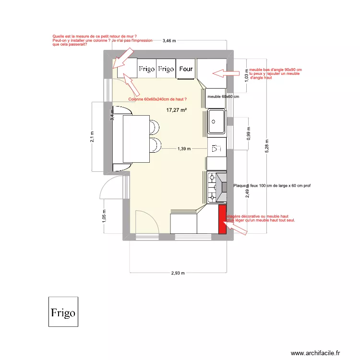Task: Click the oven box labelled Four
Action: [186, 69]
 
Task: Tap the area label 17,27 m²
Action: [176, 110]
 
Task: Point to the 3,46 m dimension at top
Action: [169, 41]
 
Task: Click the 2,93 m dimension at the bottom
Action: [178, 273]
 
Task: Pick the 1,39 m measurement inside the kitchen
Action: [184, 149]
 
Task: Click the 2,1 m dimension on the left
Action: [93, 137]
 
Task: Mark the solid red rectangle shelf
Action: [222, 219]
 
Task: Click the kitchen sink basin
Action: [216, 121]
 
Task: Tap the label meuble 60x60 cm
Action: [223, 96]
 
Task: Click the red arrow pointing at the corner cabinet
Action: [226, 73]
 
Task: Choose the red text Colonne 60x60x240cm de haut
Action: [157, 99]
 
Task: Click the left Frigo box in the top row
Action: [147, 69]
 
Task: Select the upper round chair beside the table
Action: [153, 128]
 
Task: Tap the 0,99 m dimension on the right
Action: [249, 132]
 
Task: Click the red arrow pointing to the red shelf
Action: [238, 229]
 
